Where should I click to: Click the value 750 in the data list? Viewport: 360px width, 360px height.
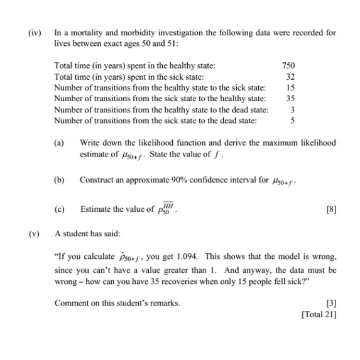point(289,65)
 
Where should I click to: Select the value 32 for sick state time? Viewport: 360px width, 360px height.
point(290,77)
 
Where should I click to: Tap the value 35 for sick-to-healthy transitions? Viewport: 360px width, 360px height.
point(290,99)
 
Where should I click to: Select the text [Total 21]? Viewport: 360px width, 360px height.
point(319,314)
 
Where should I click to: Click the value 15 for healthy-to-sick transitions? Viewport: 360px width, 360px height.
point(290,88)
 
